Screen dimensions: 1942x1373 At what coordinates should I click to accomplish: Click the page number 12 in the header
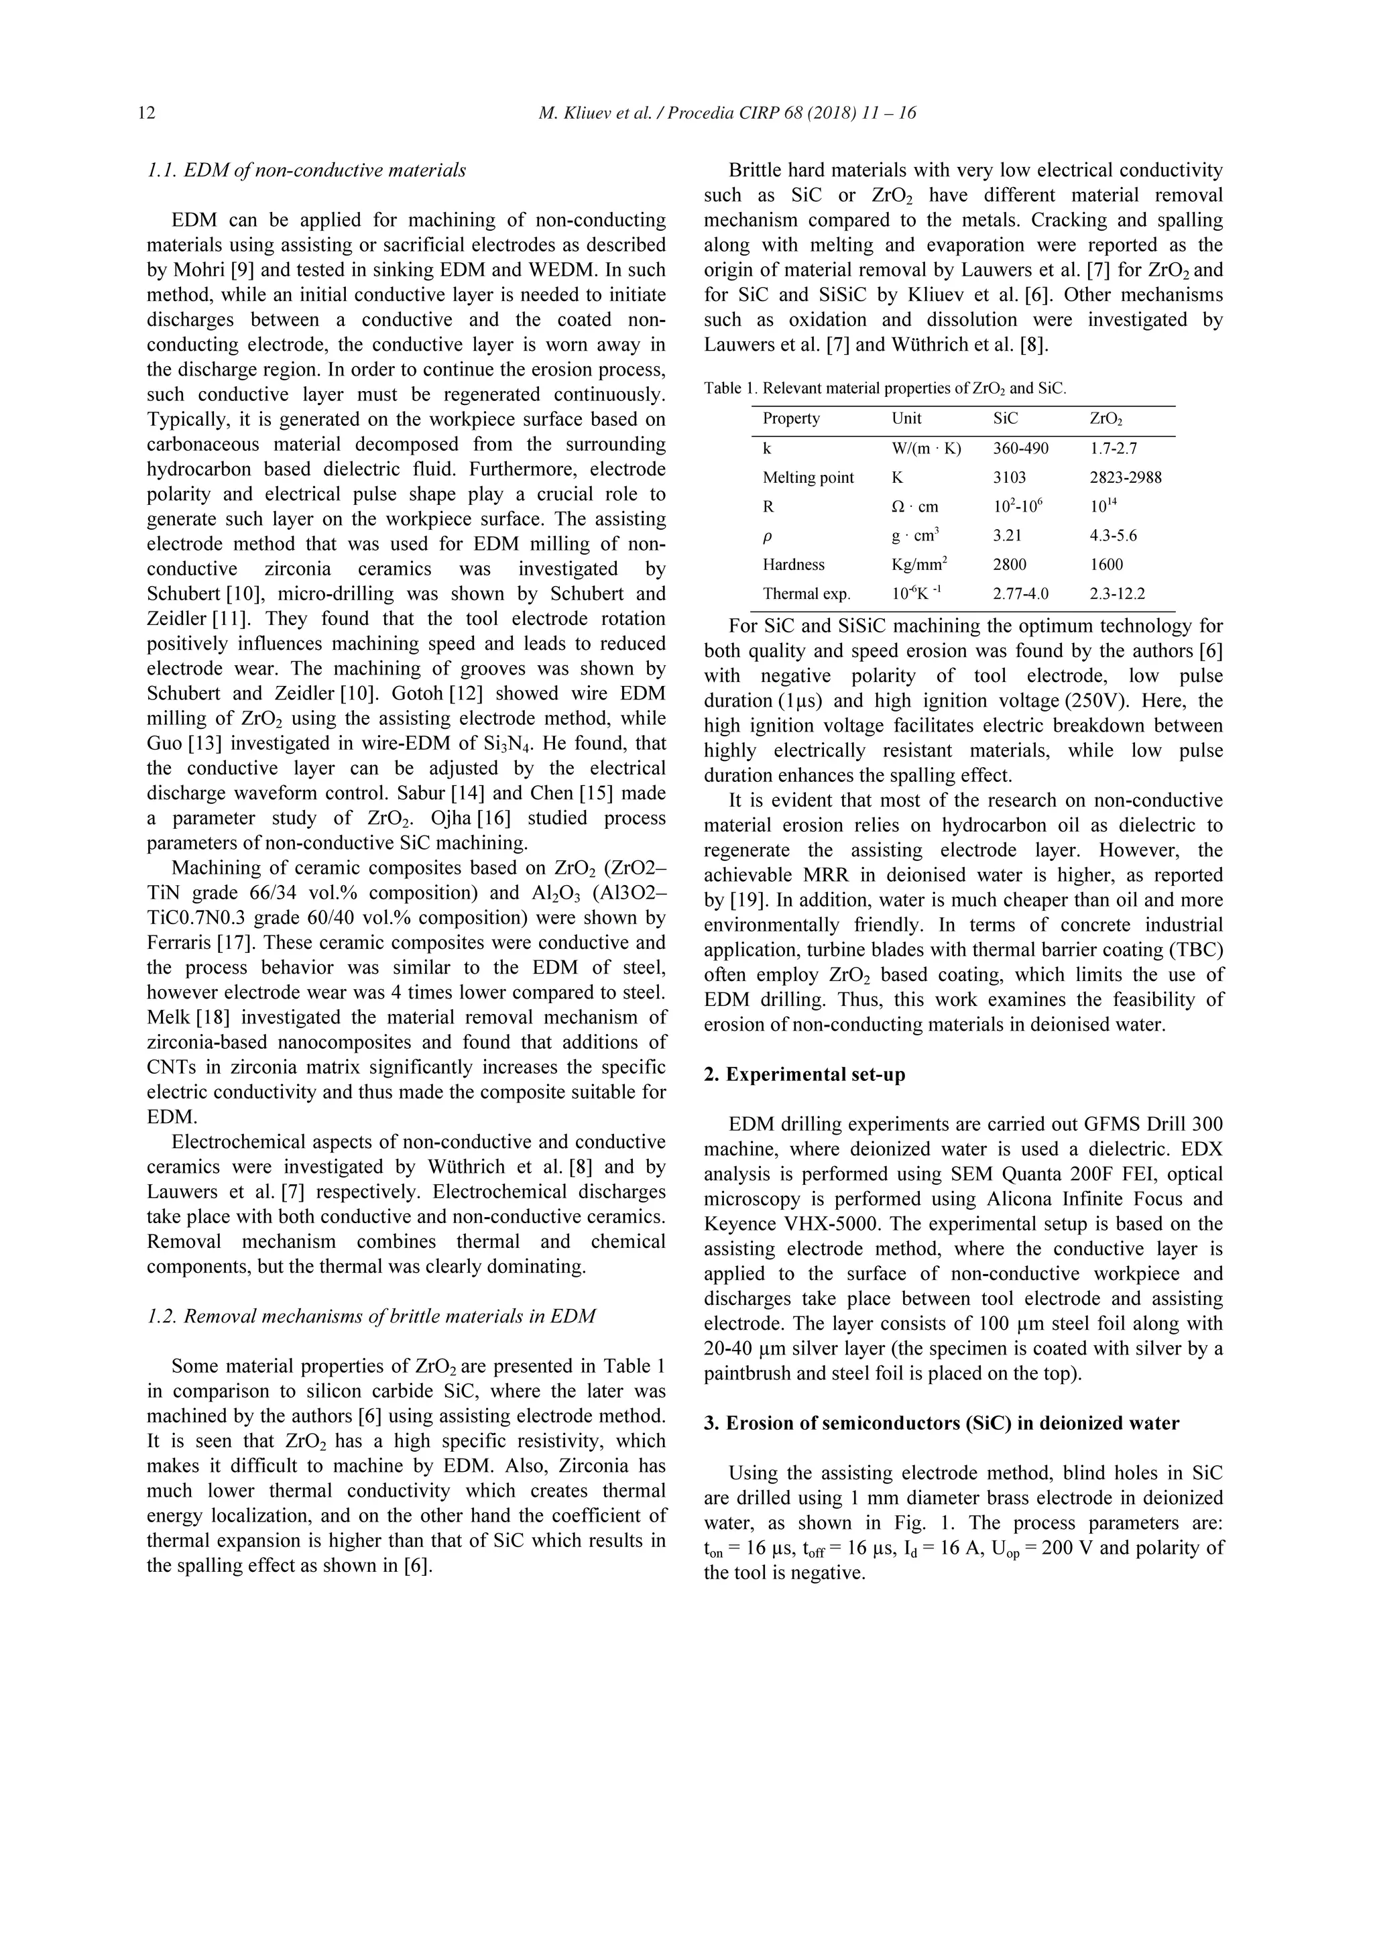pyautogui.click(x=146, y=113)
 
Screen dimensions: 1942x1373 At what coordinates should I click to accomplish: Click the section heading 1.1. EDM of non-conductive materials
pyautogui.click(x=306, y=170)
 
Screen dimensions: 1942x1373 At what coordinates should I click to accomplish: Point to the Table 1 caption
pyautogui.click(x=885, y=388)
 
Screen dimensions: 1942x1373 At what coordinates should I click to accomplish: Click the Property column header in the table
pyautogui.click(x=790, y=418)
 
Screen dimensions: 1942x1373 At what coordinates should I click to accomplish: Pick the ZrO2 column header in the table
pyautogui.click(x=1106, y=418)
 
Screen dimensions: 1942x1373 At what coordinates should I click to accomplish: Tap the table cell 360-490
pyautogui.click(x=1020, y=449)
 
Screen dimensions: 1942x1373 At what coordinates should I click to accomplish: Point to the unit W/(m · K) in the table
pyautogui.click(x=926, y=449)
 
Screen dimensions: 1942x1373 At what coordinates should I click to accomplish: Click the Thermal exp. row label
pyautogui.click(x=807, y=593)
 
